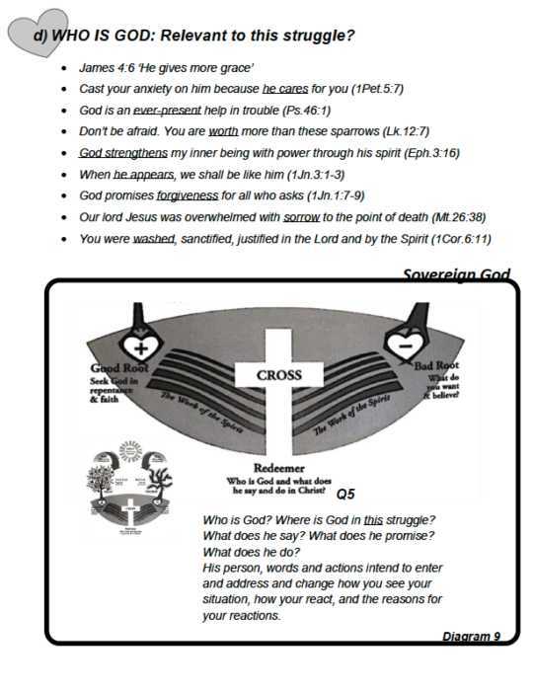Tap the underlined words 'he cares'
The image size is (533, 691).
[x=286, y=89]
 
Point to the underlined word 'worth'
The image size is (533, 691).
[x=224, y=131]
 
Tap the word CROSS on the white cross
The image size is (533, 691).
[x=278, y=375]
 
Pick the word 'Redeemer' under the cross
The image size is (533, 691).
[x=279, y=467]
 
